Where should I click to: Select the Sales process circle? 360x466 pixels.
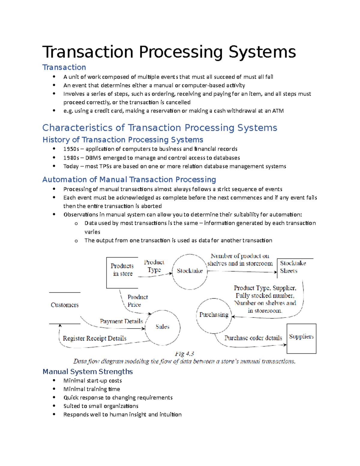[x=162, y=327]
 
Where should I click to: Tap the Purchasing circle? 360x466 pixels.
[x=214, y=315]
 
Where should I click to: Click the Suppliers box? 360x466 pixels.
[x=301, y=338]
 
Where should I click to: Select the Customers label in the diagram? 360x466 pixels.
[x=64, y=305]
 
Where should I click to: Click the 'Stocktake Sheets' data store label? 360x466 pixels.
[x=292, y=267]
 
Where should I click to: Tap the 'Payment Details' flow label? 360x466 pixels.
[x=121, y=321]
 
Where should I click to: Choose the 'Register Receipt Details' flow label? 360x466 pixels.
[x=94, y=338]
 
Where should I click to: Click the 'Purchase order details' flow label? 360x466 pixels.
[x=253, y=338]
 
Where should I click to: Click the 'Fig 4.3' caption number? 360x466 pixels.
[x=184, y=354]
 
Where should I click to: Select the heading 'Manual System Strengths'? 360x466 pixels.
[x=88, y=371]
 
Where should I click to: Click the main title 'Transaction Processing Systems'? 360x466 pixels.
[x=169, y=52]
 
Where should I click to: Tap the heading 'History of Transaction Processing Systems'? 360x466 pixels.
[x=123, y=140]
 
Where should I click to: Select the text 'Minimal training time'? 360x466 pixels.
[x=91, y=389]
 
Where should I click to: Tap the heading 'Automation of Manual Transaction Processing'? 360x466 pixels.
[x=129, y=179]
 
